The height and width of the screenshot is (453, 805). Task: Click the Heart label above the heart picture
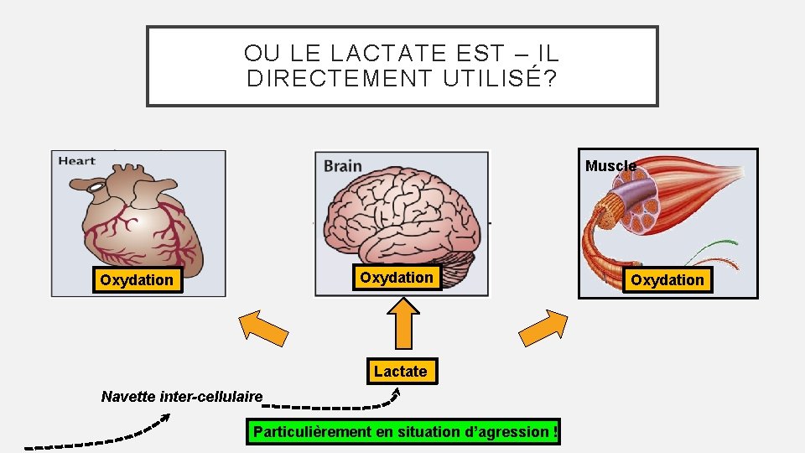(76, 161)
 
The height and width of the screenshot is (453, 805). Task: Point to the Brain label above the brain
(343, 165)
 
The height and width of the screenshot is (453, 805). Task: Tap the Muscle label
(610, 166)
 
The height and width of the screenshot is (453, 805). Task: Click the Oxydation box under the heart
(137, 280)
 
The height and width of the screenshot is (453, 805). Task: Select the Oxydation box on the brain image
(397, 277)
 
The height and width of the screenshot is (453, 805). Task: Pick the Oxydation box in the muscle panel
(667, 280)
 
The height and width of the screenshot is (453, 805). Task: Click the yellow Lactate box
(401, 371)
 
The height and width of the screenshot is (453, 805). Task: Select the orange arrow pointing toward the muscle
(544, 327)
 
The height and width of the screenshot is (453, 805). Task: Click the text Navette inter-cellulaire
(182, 396)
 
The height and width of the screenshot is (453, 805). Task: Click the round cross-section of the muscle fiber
(645, 214)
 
